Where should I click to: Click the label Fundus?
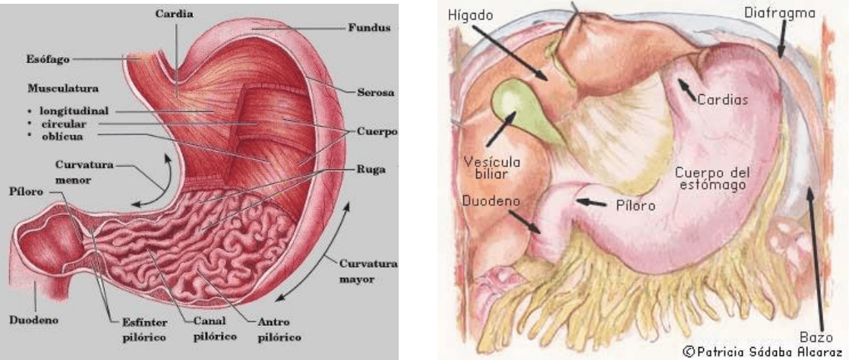click(x=369, y=27)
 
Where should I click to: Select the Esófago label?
click(x=48, y=59)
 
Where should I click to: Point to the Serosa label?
click(x=375, y=92)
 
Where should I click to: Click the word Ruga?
click(x=371, y=169)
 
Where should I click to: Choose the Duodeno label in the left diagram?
click(x=33, y=320)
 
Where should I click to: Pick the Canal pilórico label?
click(x=215, y=328)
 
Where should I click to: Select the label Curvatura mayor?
click(x=368, y=272)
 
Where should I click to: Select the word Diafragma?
click(x=780, y=13)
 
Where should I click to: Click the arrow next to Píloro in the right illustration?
click(x=592, y=203)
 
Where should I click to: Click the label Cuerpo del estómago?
click(x=712, y=179)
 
